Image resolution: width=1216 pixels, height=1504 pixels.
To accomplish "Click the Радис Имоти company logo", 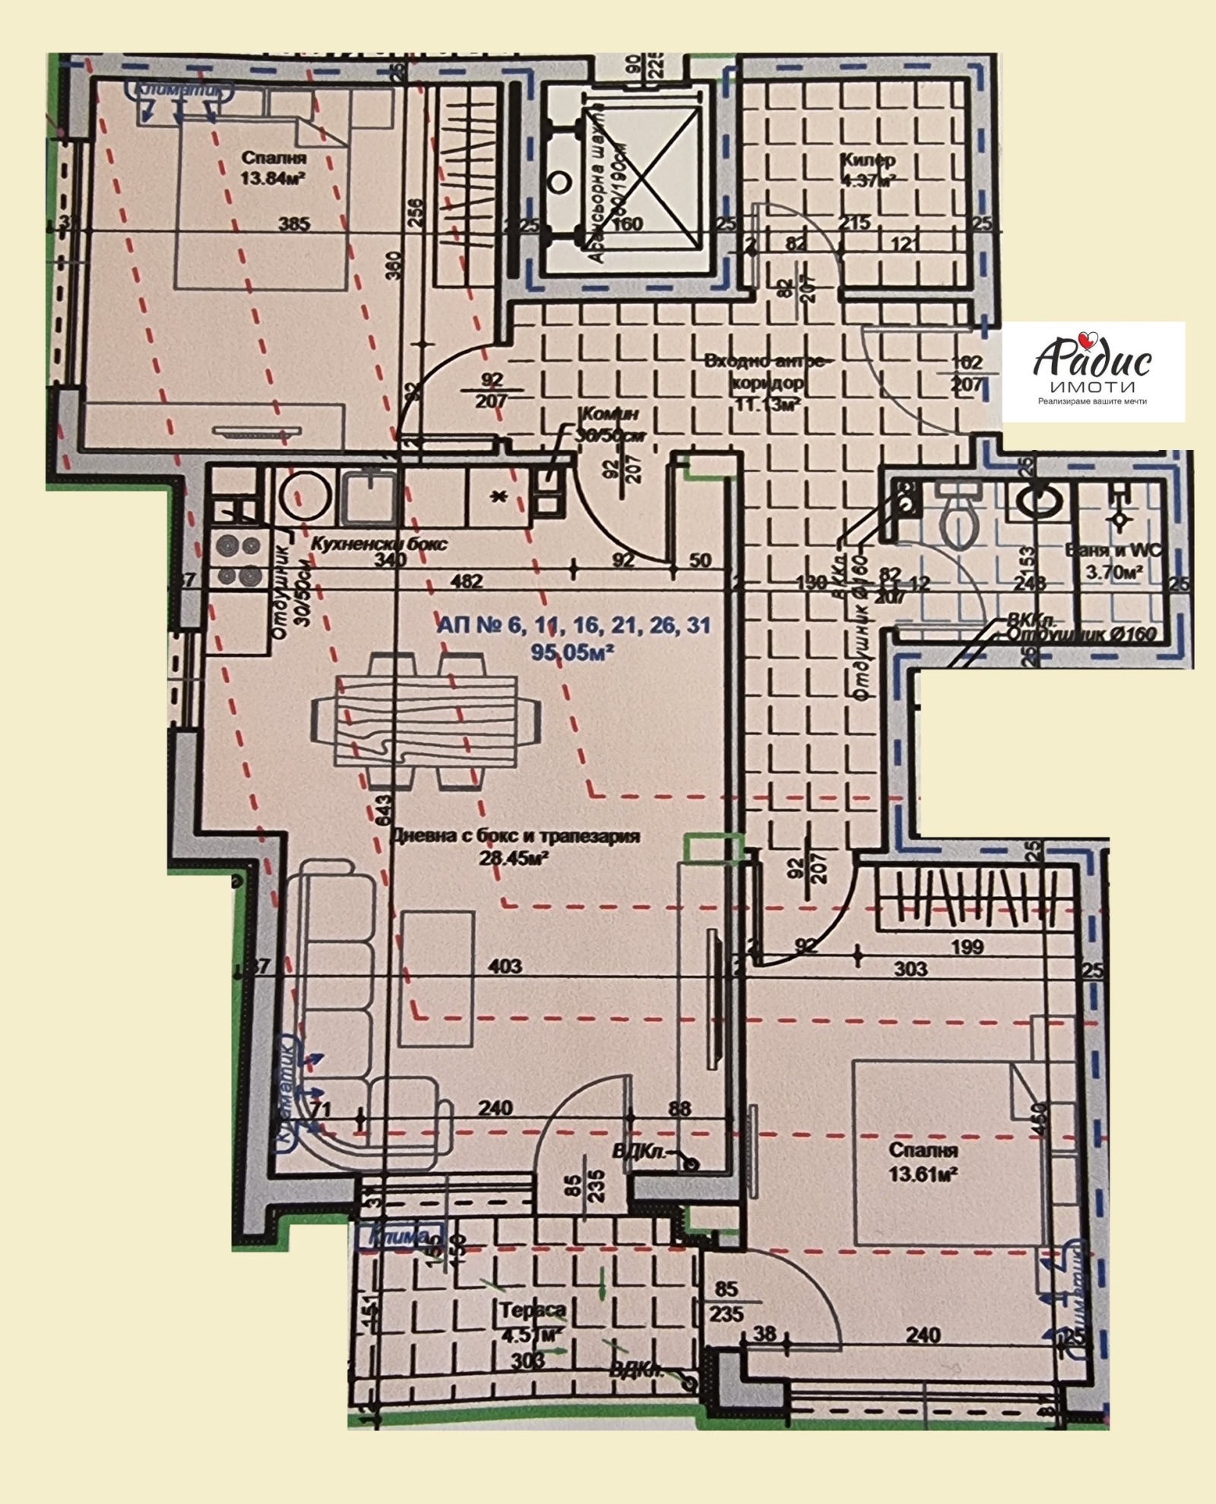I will [1092, 370].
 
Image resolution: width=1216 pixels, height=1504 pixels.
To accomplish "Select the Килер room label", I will [867, 160].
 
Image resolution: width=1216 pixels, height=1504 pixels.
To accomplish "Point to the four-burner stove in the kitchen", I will [239, 560].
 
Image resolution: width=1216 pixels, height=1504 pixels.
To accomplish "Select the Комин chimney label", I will [608, 414].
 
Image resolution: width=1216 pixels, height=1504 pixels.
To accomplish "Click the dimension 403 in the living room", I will [505, 966].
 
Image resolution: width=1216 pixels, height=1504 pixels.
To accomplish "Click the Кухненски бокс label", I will [379, 543].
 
